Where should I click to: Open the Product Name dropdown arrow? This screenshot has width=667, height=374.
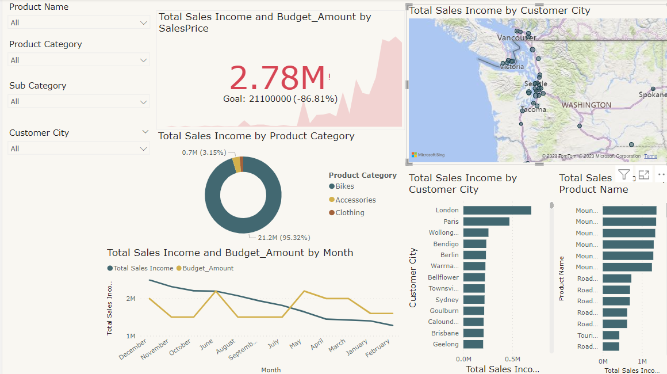(x=144, y=22)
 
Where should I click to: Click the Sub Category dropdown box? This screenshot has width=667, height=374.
(x=79, y=102)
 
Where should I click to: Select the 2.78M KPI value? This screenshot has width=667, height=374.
(x=278, y=78)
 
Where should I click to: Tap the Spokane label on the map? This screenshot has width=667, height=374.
(x=652, y=94)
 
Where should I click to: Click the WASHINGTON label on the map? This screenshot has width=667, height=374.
(x=586, y=105)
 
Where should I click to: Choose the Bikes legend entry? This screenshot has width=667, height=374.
(x=344, y=186)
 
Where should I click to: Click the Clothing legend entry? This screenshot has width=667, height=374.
(x=350, y=213)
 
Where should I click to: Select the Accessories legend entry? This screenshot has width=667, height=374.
(x=355, y=200)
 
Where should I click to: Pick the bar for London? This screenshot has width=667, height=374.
(x=497, y=211)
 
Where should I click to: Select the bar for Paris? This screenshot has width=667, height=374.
(x=486, y=222)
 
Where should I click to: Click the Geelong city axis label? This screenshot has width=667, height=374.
(x=446, y=345)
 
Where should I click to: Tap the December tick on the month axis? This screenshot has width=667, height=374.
(x=133, y=349)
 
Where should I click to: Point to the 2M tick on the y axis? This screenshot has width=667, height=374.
(x=131, y=299)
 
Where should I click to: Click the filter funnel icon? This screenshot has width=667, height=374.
(x=624, y=175)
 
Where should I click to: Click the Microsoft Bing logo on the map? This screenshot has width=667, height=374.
(x=428, y=155)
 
